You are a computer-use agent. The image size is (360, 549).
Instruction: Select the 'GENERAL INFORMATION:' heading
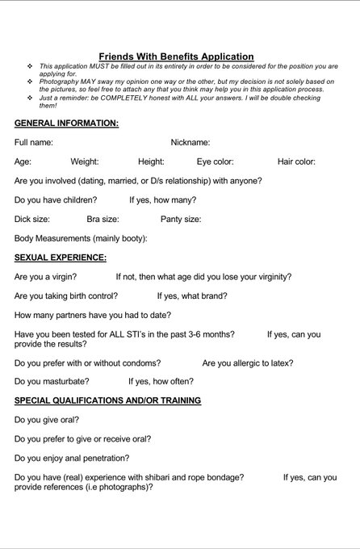pyautogui.click(x=66, y=123)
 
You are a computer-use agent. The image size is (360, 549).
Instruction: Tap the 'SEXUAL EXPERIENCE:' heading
pyautogui.click(x=61, y=258)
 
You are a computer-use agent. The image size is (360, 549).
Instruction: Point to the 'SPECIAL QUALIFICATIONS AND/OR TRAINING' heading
pyautogui.click(x=108, y=400)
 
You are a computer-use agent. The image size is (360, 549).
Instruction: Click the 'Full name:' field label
pyautogui.click(x=34, y=142)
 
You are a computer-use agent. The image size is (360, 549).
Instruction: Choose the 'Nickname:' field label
pyautogui.click(x=190, y=142)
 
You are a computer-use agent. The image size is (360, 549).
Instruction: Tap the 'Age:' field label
pyautogui.click(x=23, y=161)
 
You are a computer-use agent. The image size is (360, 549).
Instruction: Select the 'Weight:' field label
pyautogui.click(x=85, y=161)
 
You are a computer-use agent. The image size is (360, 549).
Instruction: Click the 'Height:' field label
pyautogui.click(x=151, y=161)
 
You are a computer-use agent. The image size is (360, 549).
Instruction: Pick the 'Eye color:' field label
pyautogui.click(x=215, y=161)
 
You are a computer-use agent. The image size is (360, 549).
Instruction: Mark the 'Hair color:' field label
pyautogui.click(x=296, y=161)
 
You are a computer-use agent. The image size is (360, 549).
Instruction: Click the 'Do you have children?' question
pyautogui.click(x=56, y=199)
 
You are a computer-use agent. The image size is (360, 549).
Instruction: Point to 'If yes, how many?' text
pyautogui.click(x=162, y=199)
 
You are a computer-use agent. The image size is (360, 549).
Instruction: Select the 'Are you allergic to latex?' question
pyautogui.click(x=248, y=363)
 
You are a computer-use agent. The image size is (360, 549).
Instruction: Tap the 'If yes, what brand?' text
pyautogui.click(x=192, y=295)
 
